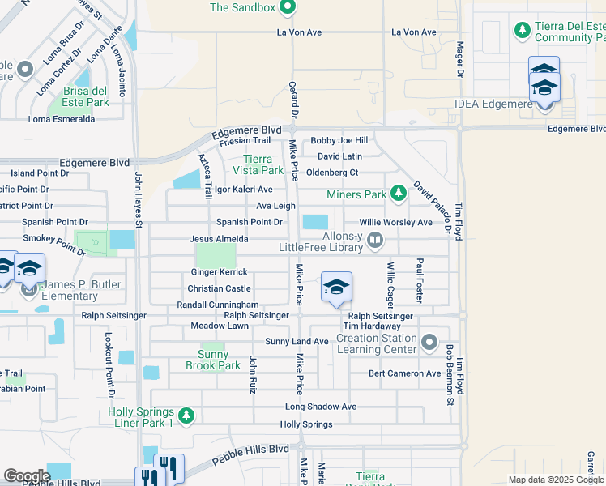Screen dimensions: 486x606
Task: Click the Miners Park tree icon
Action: pos(398,194)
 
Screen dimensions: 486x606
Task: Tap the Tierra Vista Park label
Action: pos(259,164)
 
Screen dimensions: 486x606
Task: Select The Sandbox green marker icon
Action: pos(287,8)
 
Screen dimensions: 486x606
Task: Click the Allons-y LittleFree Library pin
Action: pos(374,239)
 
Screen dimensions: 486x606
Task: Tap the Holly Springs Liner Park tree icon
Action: pos(186,416)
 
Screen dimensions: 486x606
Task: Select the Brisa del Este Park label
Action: pos(78,96)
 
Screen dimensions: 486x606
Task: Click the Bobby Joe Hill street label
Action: pos(339,141)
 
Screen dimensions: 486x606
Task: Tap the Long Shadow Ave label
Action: pos(321,407)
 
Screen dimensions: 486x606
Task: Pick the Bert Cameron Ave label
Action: pos(404,373)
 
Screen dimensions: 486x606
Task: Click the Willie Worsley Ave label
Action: pos(396,222)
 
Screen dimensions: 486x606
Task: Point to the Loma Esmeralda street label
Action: pos(62,119)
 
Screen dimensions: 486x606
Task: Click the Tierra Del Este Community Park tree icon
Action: pos(523,30)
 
